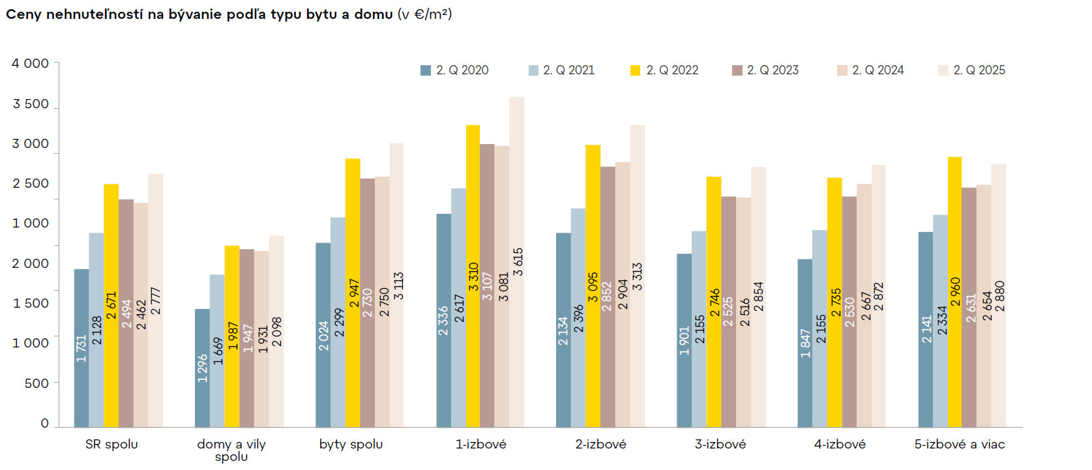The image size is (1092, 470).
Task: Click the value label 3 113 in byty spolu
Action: coord(398,286)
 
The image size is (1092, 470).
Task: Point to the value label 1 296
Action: coord(203,368)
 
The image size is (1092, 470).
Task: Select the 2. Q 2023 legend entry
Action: coord(765,70)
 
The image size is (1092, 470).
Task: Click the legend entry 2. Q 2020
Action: coord(454,70)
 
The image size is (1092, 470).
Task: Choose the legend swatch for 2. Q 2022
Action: coord(635,70)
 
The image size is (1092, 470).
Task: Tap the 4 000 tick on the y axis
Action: coord(30,63)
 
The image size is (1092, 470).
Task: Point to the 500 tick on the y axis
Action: coord(37,383)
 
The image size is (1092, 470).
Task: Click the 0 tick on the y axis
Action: coord(44,423)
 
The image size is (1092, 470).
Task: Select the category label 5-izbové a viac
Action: coord(959,444)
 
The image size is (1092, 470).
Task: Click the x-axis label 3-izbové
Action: coord(720,444)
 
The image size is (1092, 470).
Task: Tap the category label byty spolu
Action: coord(351,444)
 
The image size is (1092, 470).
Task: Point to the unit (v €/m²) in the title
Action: coord(424,14)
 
